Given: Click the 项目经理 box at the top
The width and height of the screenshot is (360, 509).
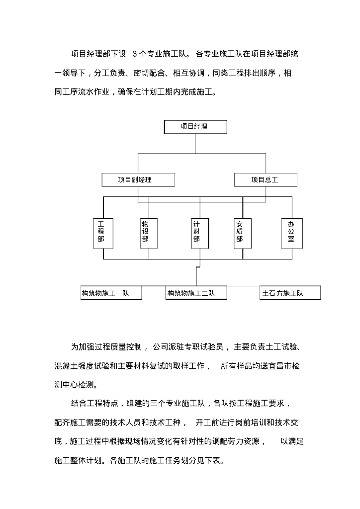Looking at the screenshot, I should (195, 127).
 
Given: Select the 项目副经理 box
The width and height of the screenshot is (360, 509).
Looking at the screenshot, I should (138, 180).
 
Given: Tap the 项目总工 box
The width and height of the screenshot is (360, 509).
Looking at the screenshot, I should (266, 180).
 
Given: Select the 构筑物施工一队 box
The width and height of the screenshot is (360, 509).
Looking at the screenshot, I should (111, 293).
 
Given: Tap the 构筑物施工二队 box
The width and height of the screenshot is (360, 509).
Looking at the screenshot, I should (196, 293).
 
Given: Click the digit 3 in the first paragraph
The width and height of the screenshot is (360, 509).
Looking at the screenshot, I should (135, 54).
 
